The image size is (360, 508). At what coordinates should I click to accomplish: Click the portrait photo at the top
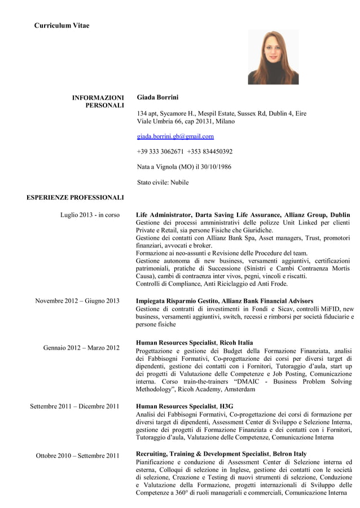pos(273,58)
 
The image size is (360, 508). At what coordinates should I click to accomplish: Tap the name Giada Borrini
pos(157,98)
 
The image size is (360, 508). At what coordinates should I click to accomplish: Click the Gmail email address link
pos(175,136)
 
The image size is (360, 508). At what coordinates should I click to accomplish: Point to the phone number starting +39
pos(160,152)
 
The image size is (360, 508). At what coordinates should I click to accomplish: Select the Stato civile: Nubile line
pos(163,183)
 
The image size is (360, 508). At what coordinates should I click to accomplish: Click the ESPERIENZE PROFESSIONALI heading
pos(75,198)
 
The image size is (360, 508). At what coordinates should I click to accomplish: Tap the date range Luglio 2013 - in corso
pos(90,215)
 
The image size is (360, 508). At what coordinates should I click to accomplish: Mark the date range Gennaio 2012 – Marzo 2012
pos(81,347)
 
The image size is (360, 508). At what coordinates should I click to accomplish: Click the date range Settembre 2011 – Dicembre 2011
pos(74,406)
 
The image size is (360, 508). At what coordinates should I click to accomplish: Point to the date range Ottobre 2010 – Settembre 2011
pos(77,456)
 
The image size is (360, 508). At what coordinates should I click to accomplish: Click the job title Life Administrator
pos(163,215)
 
